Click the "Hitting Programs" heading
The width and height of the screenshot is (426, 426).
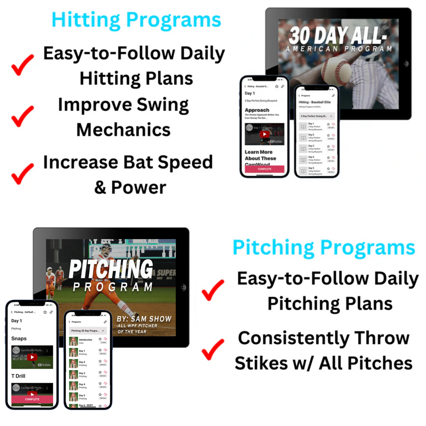click(136, 20)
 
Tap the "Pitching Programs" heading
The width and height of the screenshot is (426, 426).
click(324, 248)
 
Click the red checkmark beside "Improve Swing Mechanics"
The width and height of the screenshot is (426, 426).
click(23, 115)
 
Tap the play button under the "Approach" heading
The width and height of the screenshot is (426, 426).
click(265, 134)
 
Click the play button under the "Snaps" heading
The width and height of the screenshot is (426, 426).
click(32, 357)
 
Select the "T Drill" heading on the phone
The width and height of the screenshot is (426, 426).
click(18, 376)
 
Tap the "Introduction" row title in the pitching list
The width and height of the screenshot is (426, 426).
click(86, 339)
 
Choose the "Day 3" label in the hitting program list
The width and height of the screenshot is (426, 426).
click(311, 146)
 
